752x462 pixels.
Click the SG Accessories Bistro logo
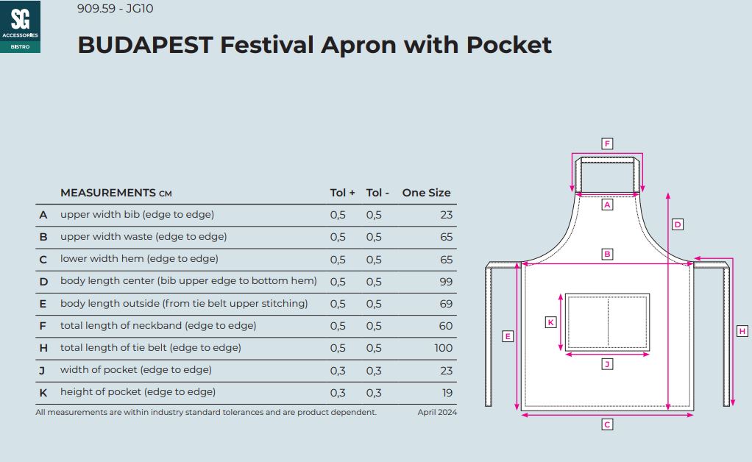(x=20, y=26)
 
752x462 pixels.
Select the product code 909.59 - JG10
(x=115, y=9)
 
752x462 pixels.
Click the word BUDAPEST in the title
(x=145, y=45)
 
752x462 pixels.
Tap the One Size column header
(x=426, y=193)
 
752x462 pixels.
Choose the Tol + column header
(x=342, y=193)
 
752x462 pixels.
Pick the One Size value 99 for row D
(x=446, y=281)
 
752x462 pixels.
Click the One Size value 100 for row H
(x=444, y=348)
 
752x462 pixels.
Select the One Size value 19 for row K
(x=447, y=393)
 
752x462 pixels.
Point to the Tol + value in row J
(x=338, y=371)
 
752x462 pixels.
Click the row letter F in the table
(x=43, y=326)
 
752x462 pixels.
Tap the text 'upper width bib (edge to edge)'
(x=137, y=214)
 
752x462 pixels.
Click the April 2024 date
(x=437, y=412)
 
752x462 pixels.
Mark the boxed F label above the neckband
(x=607, y=143)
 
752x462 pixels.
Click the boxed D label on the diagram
(x=677, y=224)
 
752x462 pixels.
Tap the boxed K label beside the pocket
(x=550, y=322)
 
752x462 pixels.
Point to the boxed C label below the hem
(x=607, y=424)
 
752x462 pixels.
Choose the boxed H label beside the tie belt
(x=742, y=331)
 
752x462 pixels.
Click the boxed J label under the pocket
(x=607, y=364)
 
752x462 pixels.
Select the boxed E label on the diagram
(x=508, y=336)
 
